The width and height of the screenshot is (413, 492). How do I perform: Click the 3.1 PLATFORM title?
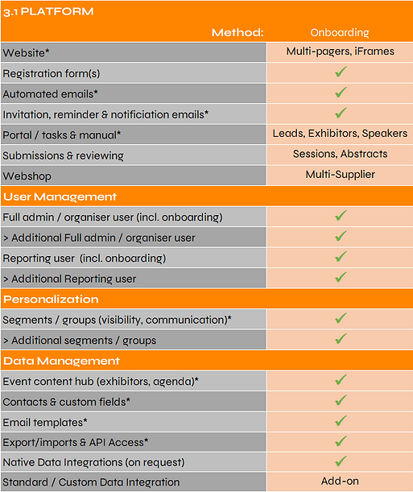click(x=48, y=11)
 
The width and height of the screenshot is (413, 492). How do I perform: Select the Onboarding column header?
click(x=339, y=32)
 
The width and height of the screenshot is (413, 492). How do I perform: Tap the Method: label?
click(x=237, y=32)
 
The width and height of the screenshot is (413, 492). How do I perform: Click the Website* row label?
click(x=27, y=52)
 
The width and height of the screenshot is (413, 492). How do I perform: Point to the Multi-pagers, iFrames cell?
click(x=340, y=52)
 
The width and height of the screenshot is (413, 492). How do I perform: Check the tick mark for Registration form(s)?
click(x=340, y=72)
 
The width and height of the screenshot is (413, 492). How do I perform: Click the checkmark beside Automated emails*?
click(x=340, y=93)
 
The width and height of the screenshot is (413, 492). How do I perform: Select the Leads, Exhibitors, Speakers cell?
click(x=340, y=134)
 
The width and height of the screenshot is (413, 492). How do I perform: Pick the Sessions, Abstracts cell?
click(x=340, y=154)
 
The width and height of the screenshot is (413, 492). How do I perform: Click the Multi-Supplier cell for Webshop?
click(x=340, y=175)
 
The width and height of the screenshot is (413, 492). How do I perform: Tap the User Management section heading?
click(x=60, y=196)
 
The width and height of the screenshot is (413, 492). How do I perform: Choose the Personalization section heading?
click(x=51, y=299)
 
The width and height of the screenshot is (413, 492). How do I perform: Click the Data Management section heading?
click(x=61, y=361)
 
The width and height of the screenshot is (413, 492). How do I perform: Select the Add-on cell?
click(x=340, y=482)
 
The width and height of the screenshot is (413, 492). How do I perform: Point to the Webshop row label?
click(x=26, y=175)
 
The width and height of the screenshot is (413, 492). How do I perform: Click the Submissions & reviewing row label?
click(x=64, y=155)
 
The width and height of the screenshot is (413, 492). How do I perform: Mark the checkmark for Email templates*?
click(x=340, y=420)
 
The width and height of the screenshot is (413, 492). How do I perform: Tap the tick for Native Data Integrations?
click(x=340, y=461)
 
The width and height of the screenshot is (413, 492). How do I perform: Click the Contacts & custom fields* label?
click(x=67, y=401)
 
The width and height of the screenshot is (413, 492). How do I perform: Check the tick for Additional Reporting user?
click(x=340, y=278)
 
